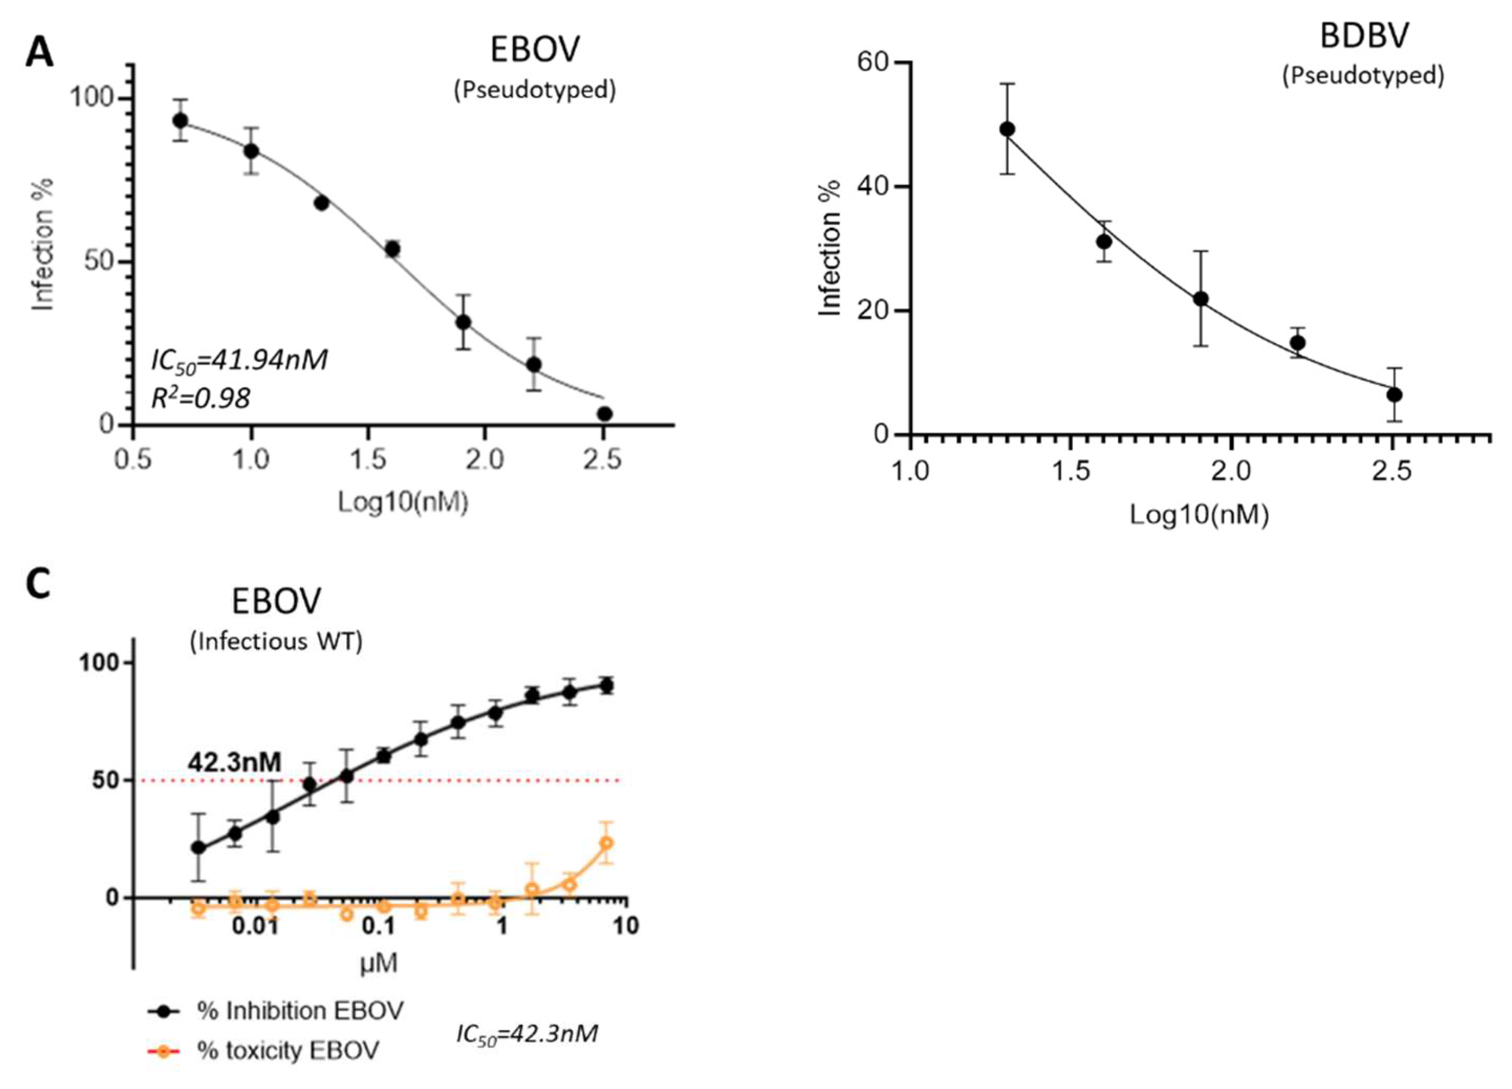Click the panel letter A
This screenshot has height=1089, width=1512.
coord(40,52)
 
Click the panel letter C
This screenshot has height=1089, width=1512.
coord(38,585)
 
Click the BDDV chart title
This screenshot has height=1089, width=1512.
coord(1364,37)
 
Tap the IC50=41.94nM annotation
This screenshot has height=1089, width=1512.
coord(239,361)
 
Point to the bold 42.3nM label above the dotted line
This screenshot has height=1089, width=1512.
coord(234,762)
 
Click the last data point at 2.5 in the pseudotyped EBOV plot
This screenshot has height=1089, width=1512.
coord(605,414)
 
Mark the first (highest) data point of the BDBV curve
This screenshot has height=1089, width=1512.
coord(1007,129)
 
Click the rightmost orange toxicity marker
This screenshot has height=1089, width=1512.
coord(606,843)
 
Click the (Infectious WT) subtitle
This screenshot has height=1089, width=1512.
coord(276,642)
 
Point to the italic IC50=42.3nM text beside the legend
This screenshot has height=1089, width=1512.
coord(527,1034)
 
